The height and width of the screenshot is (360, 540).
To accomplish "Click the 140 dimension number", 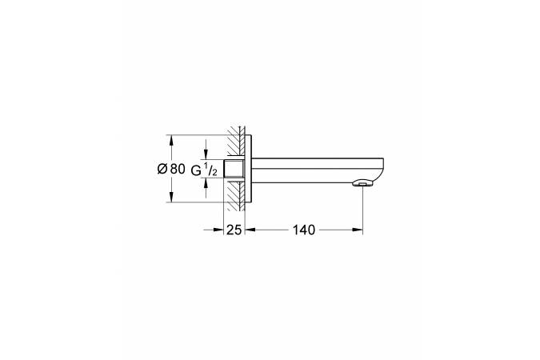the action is click(304, 230).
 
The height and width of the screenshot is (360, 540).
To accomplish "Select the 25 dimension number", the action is click(234, 230).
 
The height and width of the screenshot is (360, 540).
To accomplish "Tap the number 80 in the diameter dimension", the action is click(178, 169).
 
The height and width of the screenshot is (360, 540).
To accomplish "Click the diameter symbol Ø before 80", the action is click(162, 169).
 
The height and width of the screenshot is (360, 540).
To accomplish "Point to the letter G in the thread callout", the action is click(196, 170).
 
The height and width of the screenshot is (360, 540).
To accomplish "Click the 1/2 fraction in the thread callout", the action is click(210, 170).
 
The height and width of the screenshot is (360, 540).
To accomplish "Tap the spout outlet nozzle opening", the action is click(362, 184).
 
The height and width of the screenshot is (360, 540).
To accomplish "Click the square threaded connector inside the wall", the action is click(234, 169).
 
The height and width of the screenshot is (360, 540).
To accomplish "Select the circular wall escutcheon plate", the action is click(248, 169).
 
